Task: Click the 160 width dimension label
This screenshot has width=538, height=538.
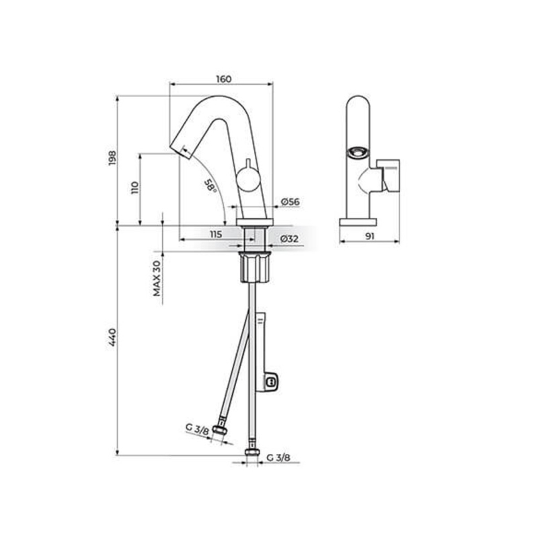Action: (224, 79)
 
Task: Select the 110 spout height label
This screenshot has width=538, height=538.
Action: (134, 187)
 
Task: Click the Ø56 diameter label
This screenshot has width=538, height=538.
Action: (290, 202)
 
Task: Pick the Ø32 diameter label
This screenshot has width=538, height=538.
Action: (289, 239)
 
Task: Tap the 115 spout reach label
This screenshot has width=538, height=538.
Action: (216, 234)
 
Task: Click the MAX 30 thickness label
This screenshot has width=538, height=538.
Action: (157, 278)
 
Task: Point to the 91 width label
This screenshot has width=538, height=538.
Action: (369, 236)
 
